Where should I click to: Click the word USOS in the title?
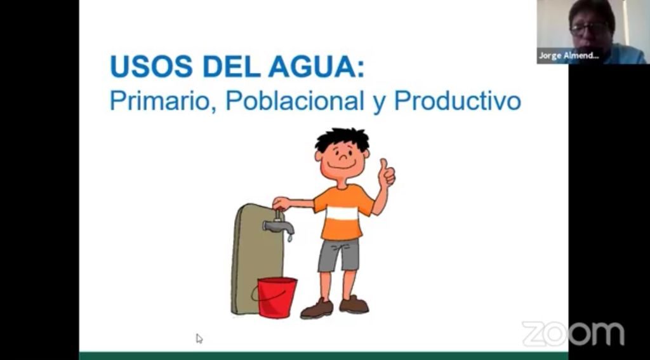click(x=151, y=67)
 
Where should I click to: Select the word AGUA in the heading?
click(x=316, y=67)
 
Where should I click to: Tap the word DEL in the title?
click(x=231, y=67)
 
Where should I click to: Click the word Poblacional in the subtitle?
click(x=295, y=100)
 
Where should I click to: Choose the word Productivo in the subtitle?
click(x=457, y=100)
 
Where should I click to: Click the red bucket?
click(x=277, y=297)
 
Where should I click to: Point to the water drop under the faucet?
click(x=289, y=238)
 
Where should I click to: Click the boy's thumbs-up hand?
click(x=387, y=173)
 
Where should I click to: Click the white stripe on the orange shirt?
click(x=342, y=213)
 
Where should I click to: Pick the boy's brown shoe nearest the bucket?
click(x=317, y=309)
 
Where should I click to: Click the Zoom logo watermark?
click(x=573, y=333)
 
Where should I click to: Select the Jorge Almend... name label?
click(x=569, y=56)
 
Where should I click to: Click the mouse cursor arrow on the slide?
click(x=199, y=338)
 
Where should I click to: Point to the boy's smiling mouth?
click(x=342, y=166)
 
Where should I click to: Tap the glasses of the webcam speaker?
click(x=588, y=29)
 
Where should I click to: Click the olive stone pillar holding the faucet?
click(x=257, y=259)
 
